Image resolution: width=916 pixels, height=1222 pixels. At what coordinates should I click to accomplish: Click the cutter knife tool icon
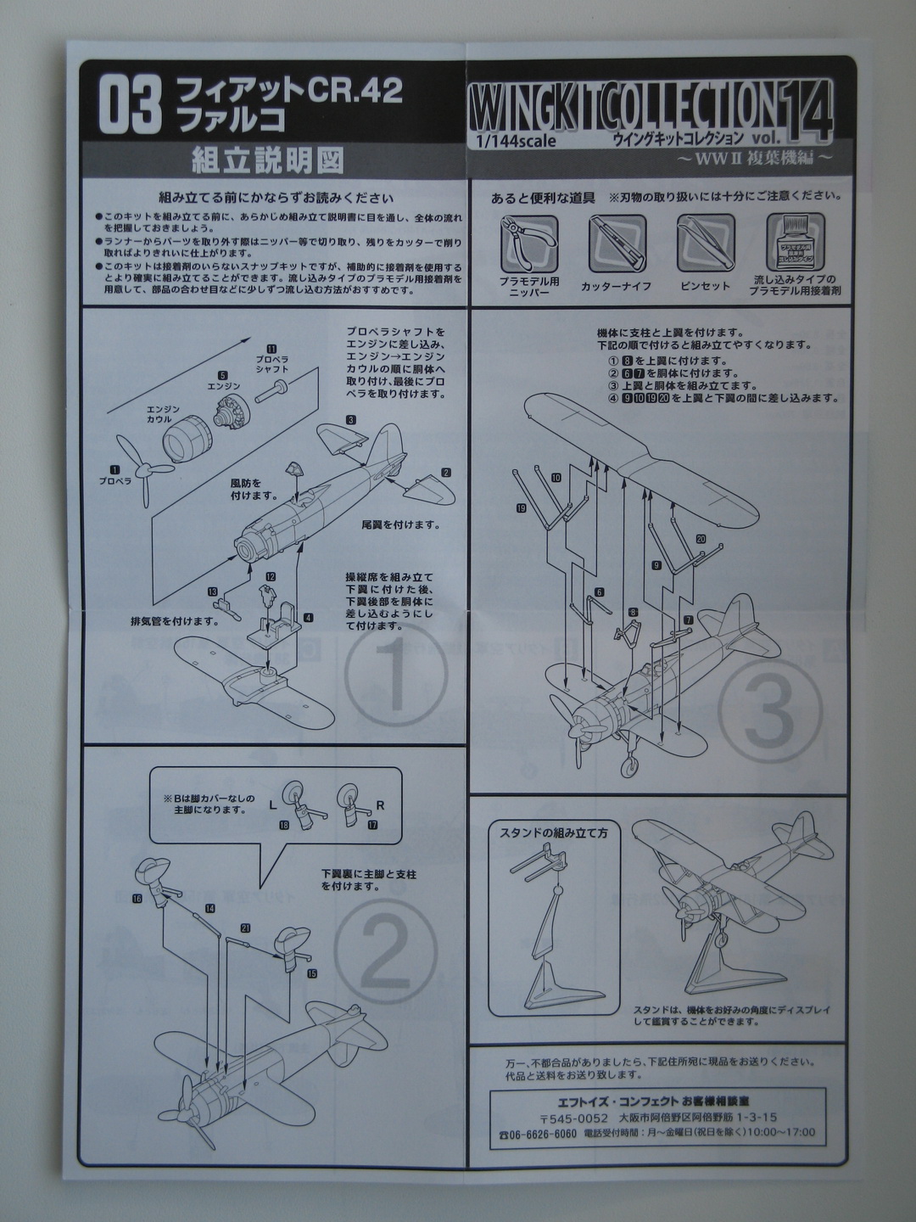617,243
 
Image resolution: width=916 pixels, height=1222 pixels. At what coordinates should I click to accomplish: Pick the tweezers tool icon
704,243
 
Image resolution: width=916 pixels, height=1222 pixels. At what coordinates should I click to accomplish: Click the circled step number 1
395,676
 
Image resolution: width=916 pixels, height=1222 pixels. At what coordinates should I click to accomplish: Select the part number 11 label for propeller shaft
271,349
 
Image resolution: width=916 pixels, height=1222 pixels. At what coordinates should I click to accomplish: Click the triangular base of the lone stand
556,991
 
